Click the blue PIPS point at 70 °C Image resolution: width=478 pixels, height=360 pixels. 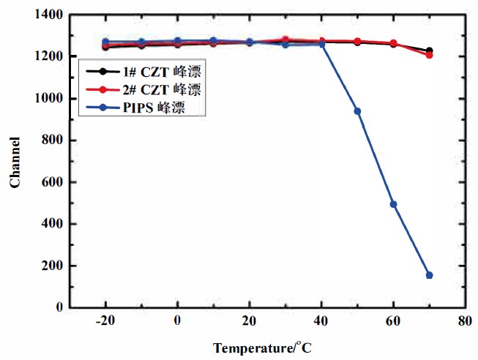point(429,275)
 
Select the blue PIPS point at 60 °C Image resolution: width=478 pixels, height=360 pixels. point(393,204)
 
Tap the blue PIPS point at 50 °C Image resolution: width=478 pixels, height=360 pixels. point(357,111)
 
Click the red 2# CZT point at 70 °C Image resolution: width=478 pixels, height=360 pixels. point(429,55)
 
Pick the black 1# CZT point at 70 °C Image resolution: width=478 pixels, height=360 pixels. point(429,50)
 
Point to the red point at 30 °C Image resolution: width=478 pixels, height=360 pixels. point(285,40)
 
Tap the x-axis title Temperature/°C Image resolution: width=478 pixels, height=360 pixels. point(262,348)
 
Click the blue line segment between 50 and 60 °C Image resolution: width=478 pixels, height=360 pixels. point(375,157)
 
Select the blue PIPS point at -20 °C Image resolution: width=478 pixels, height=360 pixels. point(105,42)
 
